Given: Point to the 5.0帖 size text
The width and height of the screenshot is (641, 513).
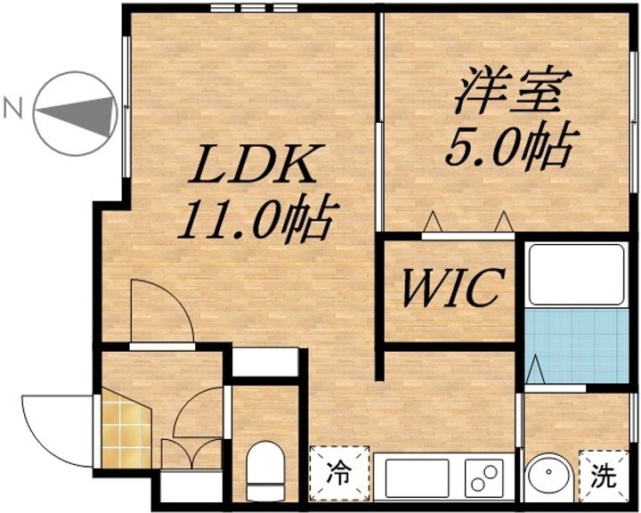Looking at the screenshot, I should click(507, 146).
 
